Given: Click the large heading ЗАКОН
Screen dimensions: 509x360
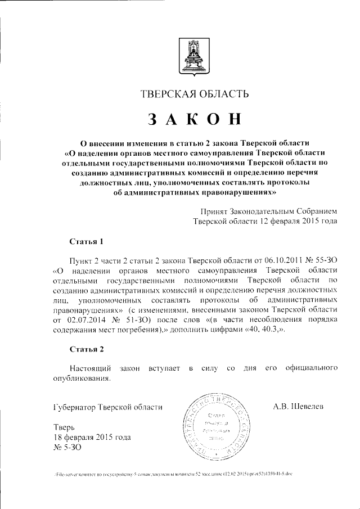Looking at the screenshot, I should [195, 119].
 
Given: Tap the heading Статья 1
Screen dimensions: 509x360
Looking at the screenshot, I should [86, 242].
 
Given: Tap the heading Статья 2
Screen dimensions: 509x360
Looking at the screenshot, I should [86, 349].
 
